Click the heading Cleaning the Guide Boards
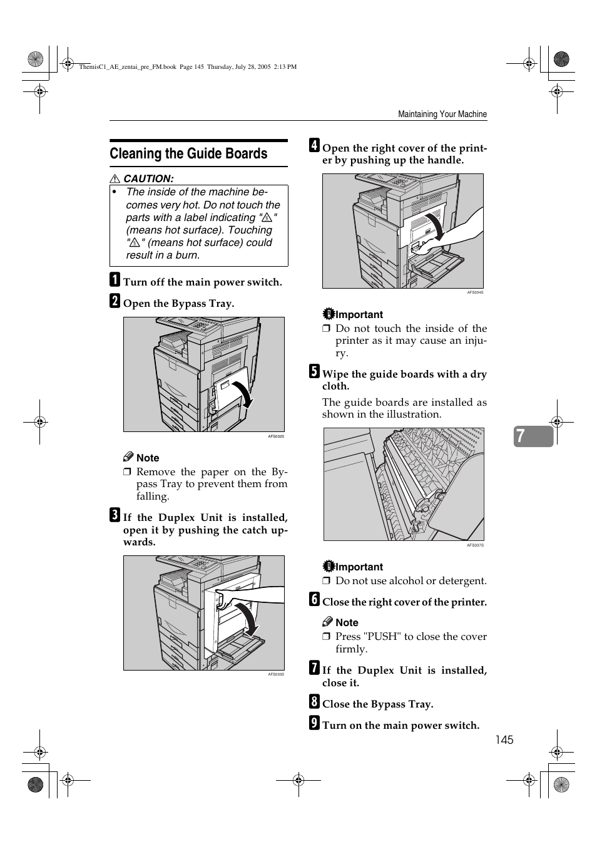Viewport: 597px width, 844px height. tap(188, 154)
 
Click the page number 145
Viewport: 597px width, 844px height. tap(504, 740)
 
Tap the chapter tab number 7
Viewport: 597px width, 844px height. tap(521, 436)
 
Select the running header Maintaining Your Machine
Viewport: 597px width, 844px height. tap(442, 115)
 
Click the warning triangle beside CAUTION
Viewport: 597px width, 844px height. tap(115, 179)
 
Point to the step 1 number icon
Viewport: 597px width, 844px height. tap(115, 279)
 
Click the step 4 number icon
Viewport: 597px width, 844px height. tap(314, 146)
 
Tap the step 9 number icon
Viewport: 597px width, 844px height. tap(314, 723)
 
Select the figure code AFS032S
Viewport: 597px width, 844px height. tap(276, 436)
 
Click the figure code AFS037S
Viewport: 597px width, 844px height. tap(475, 545)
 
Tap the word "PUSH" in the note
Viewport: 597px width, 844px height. tap(384, 637)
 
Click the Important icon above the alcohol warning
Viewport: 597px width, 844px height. tap(329, 567)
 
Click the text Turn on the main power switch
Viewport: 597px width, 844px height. tap(401, 726)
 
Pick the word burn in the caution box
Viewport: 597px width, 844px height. tap(188, 255)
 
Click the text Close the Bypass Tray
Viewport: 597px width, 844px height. tap(377, 704)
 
